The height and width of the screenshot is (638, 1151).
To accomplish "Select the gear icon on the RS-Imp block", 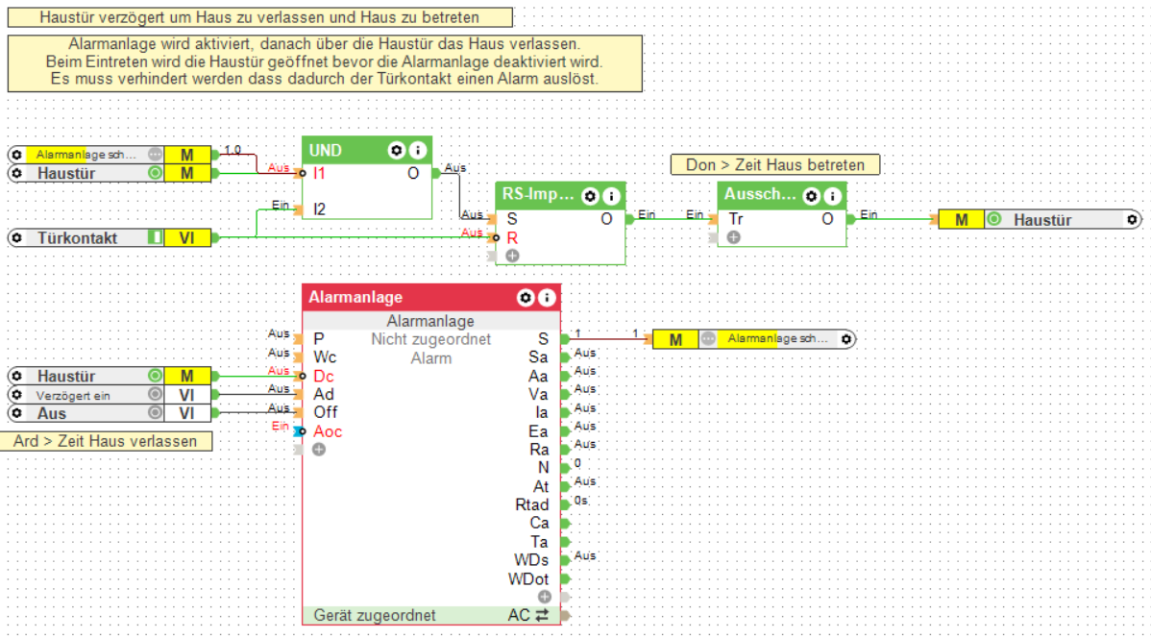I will coord(590,196).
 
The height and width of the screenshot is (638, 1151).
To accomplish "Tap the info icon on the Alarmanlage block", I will coord(547,298).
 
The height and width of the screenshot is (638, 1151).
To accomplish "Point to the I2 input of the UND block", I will coord(320,208).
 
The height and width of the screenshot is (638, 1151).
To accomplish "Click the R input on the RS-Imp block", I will coord(512,236).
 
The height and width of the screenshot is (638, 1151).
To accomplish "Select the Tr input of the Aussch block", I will coord(736,219).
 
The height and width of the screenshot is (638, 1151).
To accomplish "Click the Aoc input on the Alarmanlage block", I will coord(327,431).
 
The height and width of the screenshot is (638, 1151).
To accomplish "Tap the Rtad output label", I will coord(531,504).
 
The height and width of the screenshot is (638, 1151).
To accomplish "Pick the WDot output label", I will coord(528,578).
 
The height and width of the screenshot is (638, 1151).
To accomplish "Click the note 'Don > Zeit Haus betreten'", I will coord(775,165).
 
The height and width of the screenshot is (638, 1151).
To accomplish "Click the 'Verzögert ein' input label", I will coord(74,395).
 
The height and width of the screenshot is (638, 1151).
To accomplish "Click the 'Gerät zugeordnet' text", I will coord(374,615).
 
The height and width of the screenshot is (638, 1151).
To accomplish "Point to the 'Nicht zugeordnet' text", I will coord(430,339).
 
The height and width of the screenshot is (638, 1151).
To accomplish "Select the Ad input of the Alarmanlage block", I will coord(324,394).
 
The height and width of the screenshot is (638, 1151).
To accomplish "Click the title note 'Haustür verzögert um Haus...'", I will coord(259,17).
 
